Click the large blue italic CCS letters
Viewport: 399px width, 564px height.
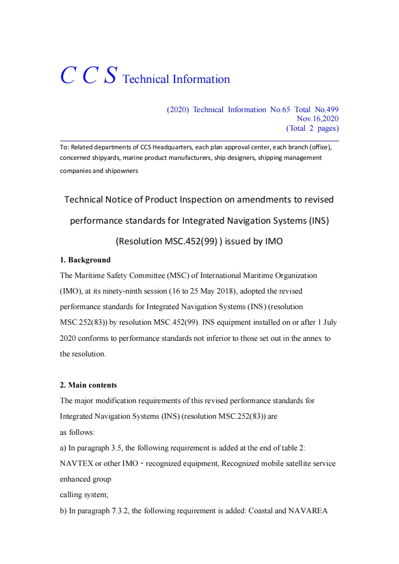click(89, 75)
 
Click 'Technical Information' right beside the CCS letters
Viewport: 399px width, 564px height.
click(176, 79)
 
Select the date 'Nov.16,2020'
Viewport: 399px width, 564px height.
click(317, 119)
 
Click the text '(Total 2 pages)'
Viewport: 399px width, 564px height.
click(312, 128)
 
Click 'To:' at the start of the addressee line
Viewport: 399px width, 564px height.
click(64, 147)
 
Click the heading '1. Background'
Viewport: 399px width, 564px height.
click(85, 260)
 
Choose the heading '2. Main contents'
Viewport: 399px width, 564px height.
click(88, 385)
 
